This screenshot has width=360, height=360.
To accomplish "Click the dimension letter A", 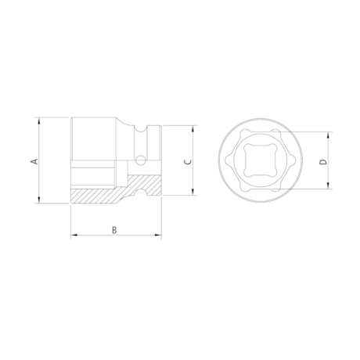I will coord(34,161).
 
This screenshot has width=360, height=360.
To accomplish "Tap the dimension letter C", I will coord(185,161).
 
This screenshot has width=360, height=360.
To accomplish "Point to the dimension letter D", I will coord(322,161).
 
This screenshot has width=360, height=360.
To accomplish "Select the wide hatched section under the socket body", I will coord(98,194).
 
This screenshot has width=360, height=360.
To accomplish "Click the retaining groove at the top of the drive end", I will coord(142,127).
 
